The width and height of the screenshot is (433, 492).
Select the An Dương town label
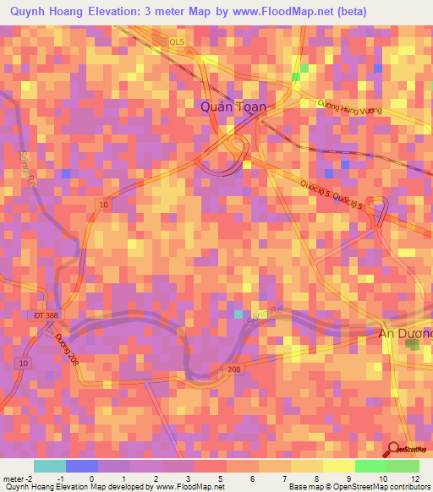(404, 333)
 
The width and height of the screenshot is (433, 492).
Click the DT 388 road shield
(47, 314)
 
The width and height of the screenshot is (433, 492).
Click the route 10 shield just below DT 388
(23, 362)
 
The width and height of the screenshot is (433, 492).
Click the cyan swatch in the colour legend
(50, 466)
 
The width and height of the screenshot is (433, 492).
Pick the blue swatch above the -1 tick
(82, 466)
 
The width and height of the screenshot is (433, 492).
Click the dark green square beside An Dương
(412, 347)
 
